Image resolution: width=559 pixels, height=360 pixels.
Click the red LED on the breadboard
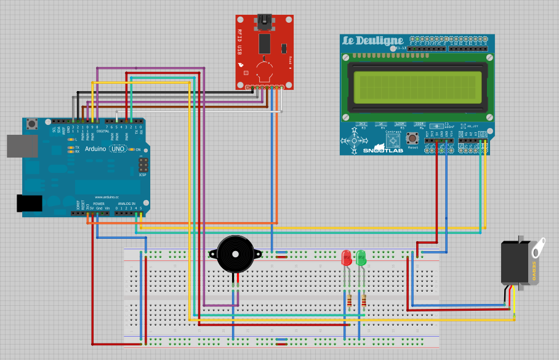pos(346,257)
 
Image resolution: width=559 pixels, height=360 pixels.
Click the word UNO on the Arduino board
pos(118,149)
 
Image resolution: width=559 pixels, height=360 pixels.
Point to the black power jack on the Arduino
pos(28,203)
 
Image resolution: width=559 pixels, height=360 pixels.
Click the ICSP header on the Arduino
pos(143,165)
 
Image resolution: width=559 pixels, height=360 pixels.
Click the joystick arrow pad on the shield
pos(354,140)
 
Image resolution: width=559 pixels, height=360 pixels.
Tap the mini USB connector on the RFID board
pos(265,22)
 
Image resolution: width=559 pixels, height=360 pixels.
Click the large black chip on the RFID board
pos(265,43)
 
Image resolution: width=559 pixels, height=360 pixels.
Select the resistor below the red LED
pos(350,301)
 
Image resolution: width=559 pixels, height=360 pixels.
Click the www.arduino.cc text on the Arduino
pos(106,198)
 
